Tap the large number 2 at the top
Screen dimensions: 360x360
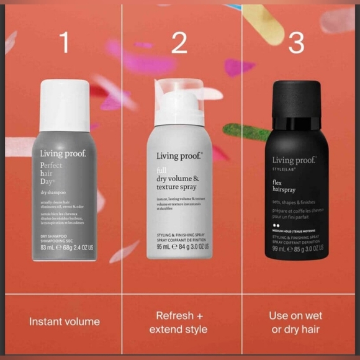(x=179, y=42)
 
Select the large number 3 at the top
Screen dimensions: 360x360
(x=297, y=42)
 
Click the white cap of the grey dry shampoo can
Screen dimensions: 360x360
(x=65, y=105)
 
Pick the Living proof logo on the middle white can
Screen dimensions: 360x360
(x=179, y=156)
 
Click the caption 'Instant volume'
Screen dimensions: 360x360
(x=65, y=322)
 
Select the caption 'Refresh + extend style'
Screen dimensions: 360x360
(x=179, y=322)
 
